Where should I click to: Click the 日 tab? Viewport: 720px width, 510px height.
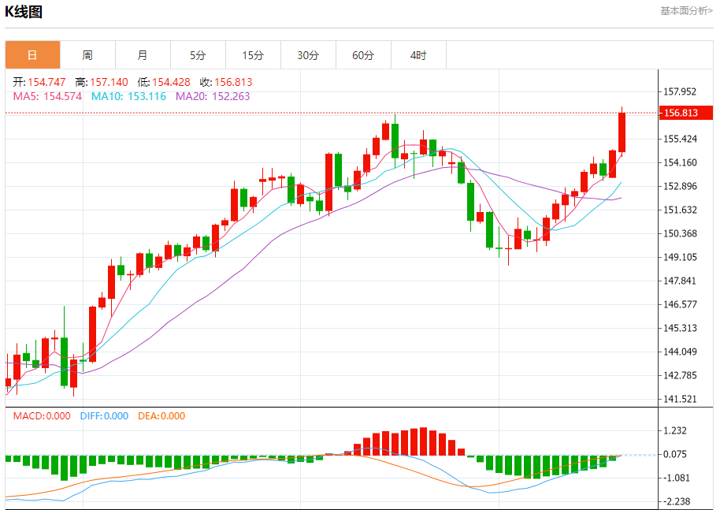coord(32,55)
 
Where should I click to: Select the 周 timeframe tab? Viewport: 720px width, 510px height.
coord(87,55)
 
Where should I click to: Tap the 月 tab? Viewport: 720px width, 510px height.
coord(143,55)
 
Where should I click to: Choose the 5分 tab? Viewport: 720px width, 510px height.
coord(198,55)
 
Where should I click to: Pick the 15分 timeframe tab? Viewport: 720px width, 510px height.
coord(253,55)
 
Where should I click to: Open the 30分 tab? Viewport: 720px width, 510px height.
coord(308,55)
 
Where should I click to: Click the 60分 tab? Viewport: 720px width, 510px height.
coord(363,55)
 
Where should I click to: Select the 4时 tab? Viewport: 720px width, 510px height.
coord(418,55)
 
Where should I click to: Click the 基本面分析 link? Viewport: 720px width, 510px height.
coord(686,10)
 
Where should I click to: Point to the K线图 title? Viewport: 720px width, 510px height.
coord(24,12)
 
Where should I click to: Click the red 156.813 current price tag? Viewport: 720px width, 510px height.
coord(681,113)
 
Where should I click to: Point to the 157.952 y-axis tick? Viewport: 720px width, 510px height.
coord(681,91)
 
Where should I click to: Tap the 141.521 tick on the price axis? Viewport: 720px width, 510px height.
coord(681,399)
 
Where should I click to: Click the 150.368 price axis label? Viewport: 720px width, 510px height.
coord(681,233)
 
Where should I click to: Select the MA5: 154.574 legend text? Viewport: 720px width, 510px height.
coord(47,96)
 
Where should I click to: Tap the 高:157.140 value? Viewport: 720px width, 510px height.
coord(101,82)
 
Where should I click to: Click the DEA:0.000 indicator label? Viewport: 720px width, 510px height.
coord(161,415)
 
